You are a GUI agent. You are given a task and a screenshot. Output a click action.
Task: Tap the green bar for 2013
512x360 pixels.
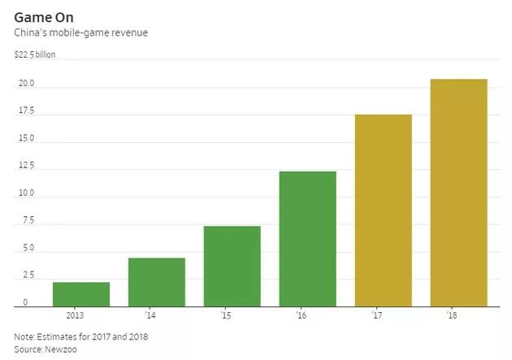pos(81,294)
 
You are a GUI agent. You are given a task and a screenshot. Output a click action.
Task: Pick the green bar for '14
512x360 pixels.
pos(157,282)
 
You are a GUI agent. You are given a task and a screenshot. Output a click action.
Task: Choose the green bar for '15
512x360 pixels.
pos(232,266)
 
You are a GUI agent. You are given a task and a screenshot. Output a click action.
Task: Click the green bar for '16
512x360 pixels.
pos(307,239)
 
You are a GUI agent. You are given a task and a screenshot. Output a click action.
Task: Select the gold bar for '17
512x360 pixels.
pos(384,210)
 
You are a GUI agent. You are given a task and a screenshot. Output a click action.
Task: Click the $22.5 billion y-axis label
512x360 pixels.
pos(35,55)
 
